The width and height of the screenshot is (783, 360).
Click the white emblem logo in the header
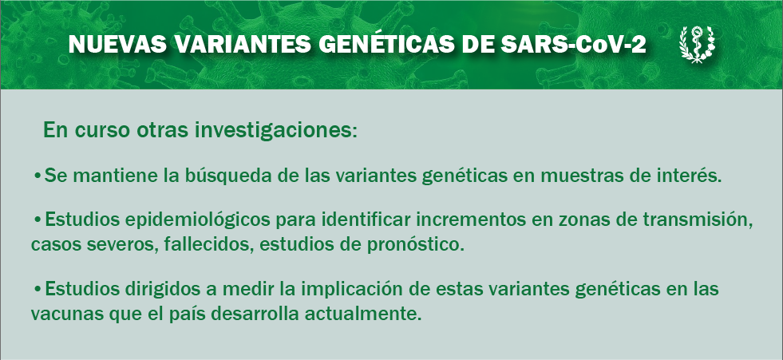[697, 45]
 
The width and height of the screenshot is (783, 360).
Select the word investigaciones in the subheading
[275, 130]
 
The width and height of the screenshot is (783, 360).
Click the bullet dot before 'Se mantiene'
[38, 176]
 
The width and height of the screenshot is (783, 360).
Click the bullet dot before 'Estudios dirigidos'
[38, 289]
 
